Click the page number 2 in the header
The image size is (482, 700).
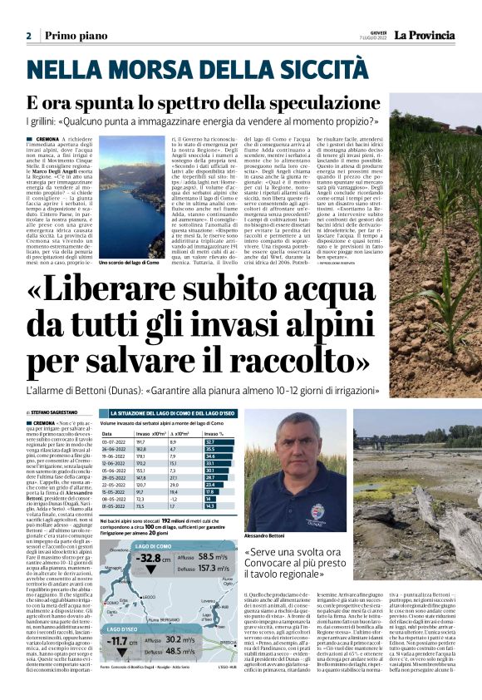[x=28, y=37]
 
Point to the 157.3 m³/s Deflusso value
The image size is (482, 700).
[x=214, y=569]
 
